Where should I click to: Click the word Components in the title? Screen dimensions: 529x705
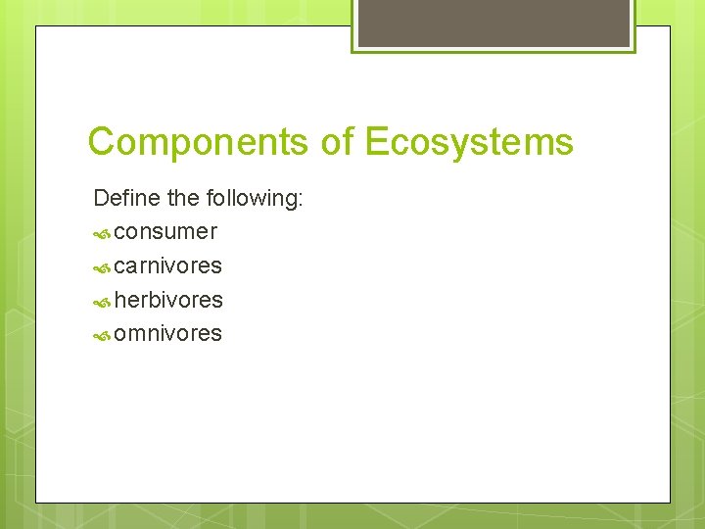click(199, 143)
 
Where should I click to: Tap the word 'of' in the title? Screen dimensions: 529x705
click(338, 143)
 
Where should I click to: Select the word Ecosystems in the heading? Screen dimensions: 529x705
click(469, 143)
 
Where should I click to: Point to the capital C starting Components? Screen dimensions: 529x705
click(101, 143)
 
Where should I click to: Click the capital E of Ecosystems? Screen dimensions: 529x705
click(377, 143)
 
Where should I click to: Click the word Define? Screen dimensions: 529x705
click(127, 199)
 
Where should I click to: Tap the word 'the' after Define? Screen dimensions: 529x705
click(183, 199)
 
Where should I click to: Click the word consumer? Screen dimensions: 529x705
click(165, 233)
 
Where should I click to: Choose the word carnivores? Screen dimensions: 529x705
click(167, 266)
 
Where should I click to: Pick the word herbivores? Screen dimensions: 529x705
click(168, 300)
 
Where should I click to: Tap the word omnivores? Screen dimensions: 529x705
click(167, 334)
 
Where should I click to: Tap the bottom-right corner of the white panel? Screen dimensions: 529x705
click(669, 502)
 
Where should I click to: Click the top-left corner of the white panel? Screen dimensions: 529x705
click(37, 27)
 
